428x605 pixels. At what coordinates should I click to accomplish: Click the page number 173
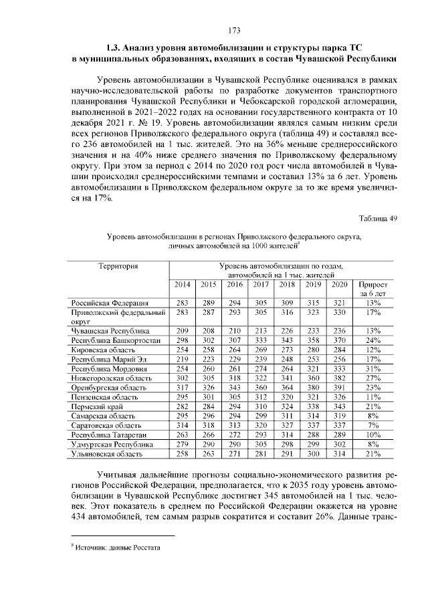coord(233,30)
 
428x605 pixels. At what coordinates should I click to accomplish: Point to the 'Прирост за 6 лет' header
coord(373,289)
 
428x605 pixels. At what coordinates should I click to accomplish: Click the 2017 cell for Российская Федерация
coord(260,303)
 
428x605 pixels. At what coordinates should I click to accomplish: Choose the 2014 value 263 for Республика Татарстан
coord(182,435)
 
